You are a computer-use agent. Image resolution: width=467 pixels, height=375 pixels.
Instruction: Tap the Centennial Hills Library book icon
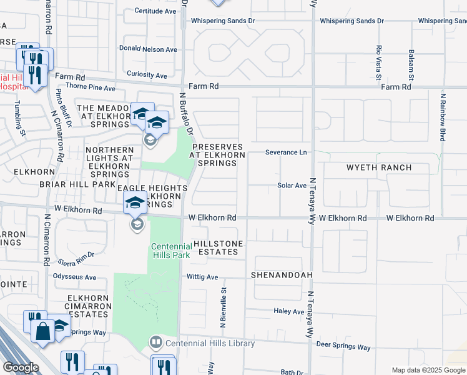155,343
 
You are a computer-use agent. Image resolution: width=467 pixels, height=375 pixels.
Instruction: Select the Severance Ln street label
286,152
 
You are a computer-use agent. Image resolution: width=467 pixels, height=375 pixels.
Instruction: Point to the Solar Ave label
292,186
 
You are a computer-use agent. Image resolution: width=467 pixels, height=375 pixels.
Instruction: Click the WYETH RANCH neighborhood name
379,168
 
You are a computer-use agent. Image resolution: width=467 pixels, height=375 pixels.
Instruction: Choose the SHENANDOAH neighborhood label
281,275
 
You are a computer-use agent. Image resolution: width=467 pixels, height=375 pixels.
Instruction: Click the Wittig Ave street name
202,277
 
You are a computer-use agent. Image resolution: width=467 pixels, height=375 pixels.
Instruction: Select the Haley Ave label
289,311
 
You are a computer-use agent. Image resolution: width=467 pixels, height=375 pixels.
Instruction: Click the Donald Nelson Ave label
148,49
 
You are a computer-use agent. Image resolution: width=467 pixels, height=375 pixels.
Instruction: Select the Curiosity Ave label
147,76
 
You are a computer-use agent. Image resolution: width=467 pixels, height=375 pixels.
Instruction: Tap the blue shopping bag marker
43,331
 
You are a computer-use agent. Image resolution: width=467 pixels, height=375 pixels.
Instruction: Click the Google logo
20,367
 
